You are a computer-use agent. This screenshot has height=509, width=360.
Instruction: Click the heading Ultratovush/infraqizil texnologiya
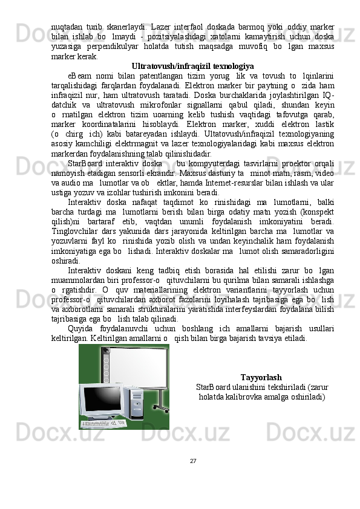[192, 65]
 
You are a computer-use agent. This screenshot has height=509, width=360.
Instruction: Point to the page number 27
[192, 461]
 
